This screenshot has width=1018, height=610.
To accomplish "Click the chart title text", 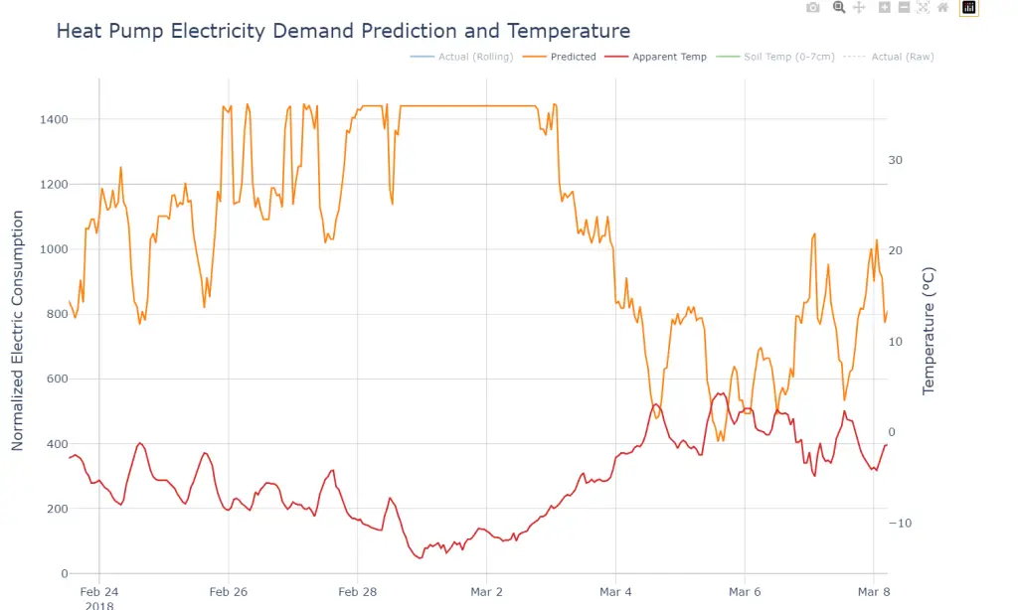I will tap(343, 31).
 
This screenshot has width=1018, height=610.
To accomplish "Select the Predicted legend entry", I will tap(573, 57).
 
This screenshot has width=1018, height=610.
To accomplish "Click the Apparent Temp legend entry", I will tap(669, 57).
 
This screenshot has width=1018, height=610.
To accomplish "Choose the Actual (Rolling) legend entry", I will tap(475, 57).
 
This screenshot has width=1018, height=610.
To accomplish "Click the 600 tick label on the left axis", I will tap(57, 379).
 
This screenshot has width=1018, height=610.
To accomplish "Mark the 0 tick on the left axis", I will tap(65, 573).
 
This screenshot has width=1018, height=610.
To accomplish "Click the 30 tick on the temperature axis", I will tap(895, 160).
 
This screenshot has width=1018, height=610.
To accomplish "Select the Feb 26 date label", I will tap(228, 592).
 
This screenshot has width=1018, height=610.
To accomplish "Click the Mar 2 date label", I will tap(486, 592).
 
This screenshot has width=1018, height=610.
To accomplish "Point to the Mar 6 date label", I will tap(745, 592).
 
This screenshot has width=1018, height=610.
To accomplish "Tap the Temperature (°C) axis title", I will tap(930, 330).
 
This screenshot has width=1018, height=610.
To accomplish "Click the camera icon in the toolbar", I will tap(813, 8).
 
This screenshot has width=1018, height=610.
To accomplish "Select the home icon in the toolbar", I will tap(943, 8).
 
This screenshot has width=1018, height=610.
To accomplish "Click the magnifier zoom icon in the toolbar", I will tap(838, 8).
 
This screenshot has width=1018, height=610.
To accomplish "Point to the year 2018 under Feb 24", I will tap(99, 605).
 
